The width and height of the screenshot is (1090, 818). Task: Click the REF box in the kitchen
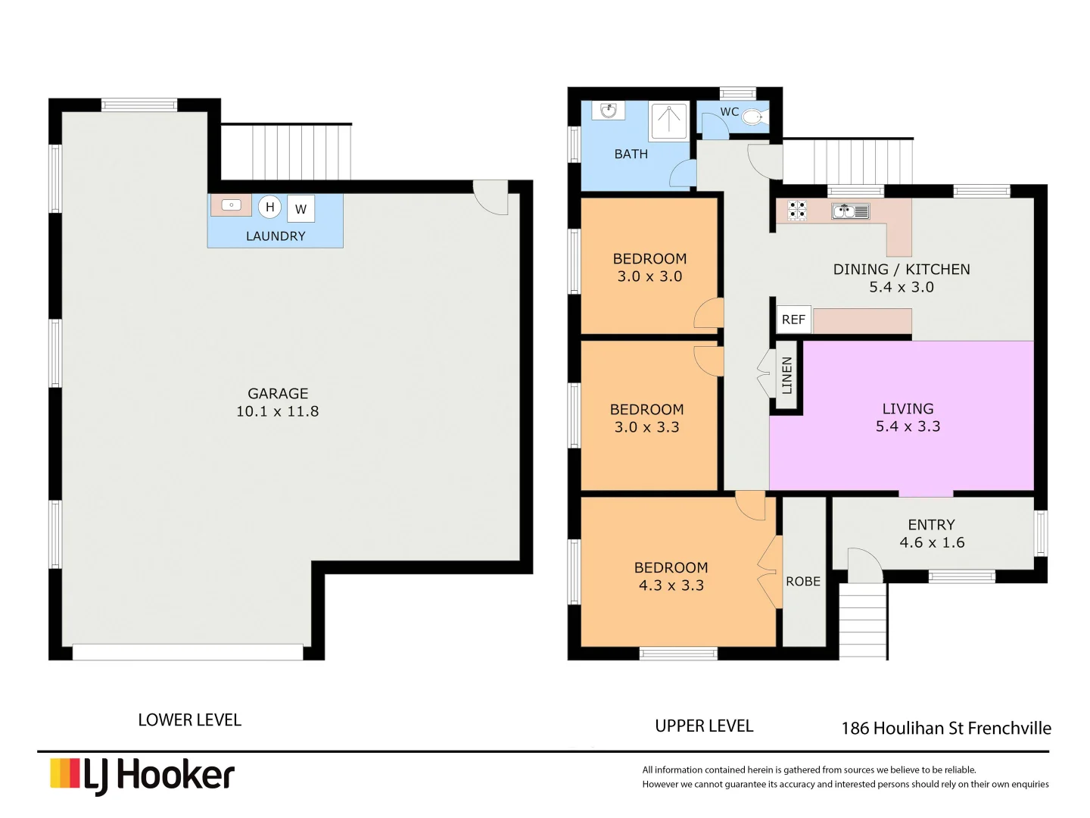click(x=793, y=320)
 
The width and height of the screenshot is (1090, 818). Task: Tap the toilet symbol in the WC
click(x=752, y=117)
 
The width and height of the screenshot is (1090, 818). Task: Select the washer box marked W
click(x=301, y=209)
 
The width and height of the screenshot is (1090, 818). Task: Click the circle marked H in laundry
click(x=270, y=207)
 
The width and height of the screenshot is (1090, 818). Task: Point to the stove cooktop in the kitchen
click(x=797, y=210)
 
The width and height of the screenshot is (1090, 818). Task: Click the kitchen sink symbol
click(x=851, y=211)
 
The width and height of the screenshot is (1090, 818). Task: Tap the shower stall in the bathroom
click(x=669, y=121)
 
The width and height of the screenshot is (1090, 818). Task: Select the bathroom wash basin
click(x=609, y=111)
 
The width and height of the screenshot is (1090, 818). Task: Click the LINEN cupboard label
click(x=787, y=376)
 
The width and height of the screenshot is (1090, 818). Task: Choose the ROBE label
click(x=803, y=581)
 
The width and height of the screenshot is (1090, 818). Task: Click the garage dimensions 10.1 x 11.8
click(x=277, y=411)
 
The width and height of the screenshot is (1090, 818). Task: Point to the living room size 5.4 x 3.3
click(x=908, y=426)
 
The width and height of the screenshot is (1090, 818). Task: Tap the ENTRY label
click(x=931, y=524)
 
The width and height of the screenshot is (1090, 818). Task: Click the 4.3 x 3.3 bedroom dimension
click(x=671, y=585)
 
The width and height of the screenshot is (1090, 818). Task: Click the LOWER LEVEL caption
click(x=189, y=720)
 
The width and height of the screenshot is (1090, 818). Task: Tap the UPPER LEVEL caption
click(x=704, y=726)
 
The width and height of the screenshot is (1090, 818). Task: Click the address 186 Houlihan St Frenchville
click(x=946, y=728)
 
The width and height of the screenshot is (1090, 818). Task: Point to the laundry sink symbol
click(x=231, y=205)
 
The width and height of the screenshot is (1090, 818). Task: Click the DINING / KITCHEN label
click(x=901, y=269)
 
